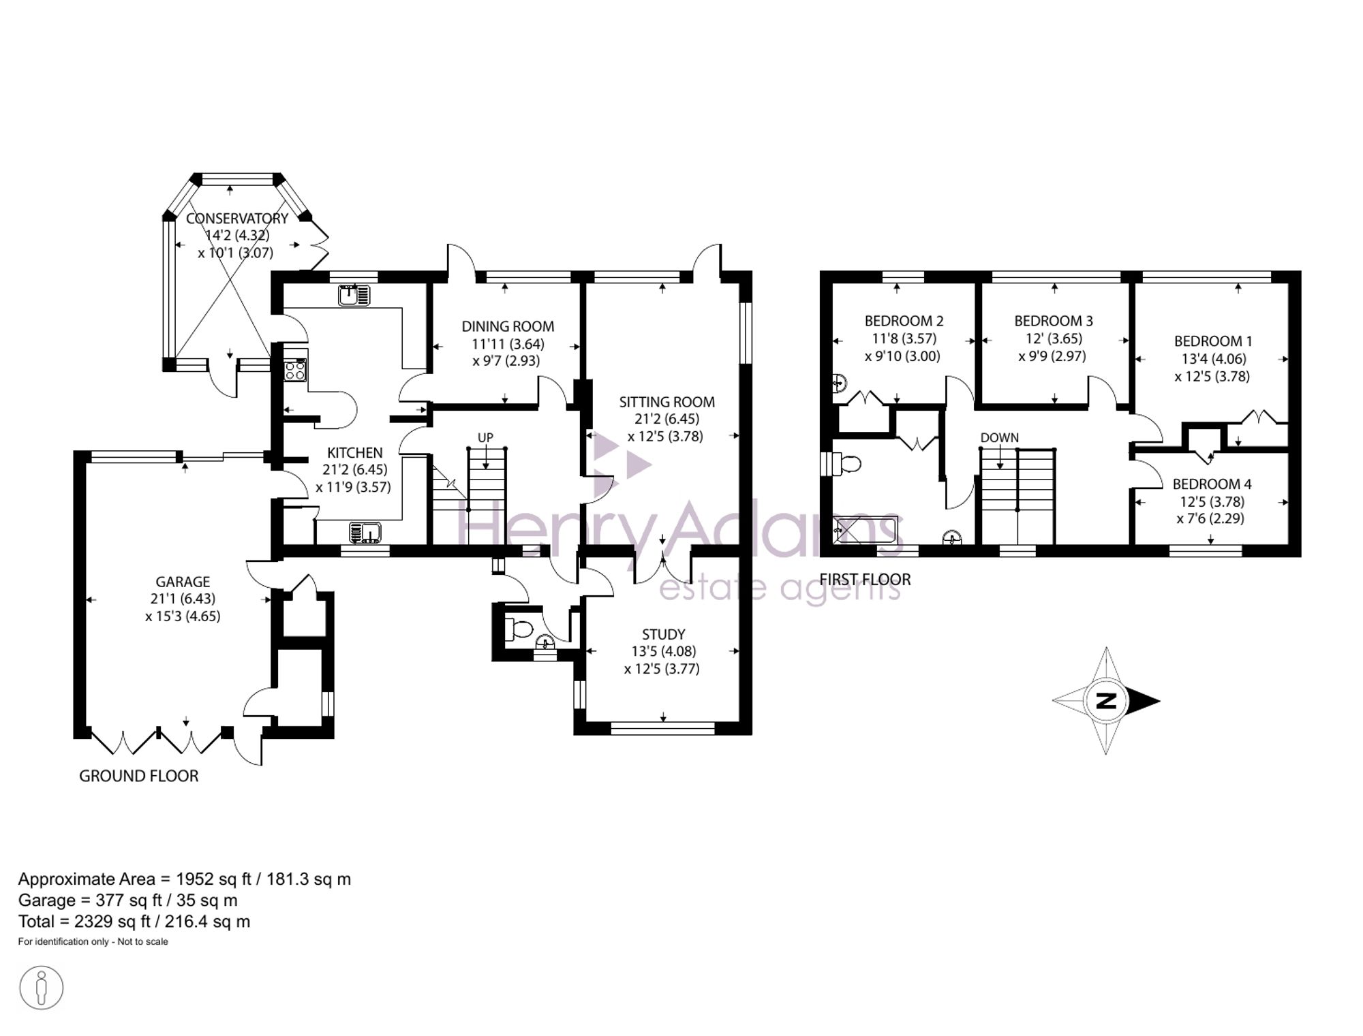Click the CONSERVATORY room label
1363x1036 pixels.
pos(237,219)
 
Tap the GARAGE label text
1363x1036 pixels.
pos(183,582)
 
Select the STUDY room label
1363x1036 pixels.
pos(663,634)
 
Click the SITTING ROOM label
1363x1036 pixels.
pos(667,402)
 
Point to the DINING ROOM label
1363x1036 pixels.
pos(508,326)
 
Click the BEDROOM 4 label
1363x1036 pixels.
pos(1212,484)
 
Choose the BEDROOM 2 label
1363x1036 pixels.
pos(904,321)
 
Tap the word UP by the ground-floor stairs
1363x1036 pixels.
pos(485,438)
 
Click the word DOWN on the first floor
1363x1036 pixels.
pos(1000,437)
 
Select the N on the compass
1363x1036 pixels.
pos(1105,700)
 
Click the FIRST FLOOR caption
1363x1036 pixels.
pos(865,580)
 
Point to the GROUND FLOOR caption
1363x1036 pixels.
pos(139,776)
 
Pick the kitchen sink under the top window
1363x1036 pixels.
pos(354,296)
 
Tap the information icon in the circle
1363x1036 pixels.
pos(42,988)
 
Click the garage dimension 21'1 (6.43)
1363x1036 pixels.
pos(183,599)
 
